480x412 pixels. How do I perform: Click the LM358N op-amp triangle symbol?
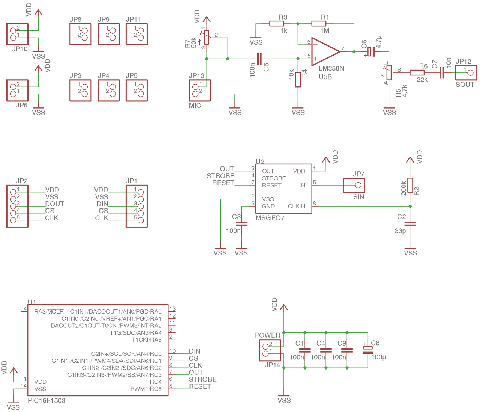[325, 52]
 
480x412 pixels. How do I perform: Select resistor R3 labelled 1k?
[276, 24]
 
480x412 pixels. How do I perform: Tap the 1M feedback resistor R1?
[319, 24]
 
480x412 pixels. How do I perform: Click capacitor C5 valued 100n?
[259, 59]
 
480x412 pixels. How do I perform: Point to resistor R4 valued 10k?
[298, 80]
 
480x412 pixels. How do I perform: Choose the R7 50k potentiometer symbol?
[207, 38]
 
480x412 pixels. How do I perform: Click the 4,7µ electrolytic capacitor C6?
[371, 52]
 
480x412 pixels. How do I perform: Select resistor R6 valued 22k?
[417, 73]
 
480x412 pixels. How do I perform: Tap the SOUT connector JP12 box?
[466, 73]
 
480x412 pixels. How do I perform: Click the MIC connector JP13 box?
[200, 91]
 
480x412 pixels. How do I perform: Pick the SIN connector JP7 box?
[354, 185]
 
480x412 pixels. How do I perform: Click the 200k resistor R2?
[410, 185]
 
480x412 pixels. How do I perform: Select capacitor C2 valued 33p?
[410, 224]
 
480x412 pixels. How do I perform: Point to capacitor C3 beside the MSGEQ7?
[242, 224]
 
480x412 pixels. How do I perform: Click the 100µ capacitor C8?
[368, 350]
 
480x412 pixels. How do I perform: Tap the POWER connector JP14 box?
[270, 350]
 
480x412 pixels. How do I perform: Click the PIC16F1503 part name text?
[46, 401]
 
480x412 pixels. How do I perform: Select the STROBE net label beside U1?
[203, 379]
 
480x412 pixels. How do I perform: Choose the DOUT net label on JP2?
[55, 204]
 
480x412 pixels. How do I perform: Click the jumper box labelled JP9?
[108, 34]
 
